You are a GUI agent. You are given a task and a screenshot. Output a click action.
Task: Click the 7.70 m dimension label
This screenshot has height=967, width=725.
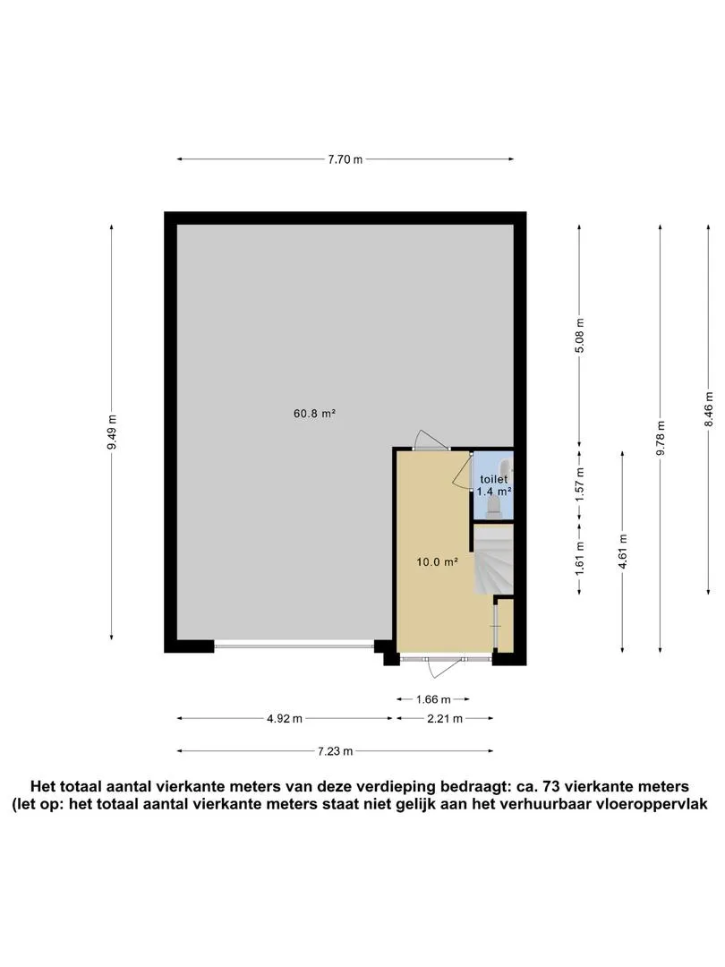(x=345, y=159)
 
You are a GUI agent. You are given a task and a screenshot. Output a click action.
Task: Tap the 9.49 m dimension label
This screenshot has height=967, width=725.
(x=112, y=432)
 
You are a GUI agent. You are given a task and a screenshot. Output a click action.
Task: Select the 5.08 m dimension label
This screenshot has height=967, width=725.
(x=579, y=336)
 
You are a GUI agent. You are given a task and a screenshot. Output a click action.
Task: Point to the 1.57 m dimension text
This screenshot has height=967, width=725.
(x=579, y=485)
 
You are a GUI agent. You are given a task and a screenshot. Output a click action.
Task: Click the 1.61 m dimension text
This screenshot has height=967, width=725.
(x=579, y=558)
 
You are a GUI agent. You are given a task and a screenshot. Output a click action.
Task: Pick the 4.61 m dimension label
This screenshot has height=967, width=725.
(x=623, y=552)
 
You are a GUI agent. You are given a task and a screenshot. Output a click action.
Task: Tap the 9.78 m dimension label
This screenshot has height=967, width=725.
(x=661, y=438)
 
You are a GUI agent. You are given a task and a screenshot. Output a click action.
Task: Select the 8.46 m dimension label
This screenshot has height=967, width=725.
(x=709, y=409)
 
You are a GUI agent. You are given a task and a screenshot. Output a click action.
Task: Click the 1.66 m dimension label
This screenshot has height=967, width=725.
(x=433, y=699)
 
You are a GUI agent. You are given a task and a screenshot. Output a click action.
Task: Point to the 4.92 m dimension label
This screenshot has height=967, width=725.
(x=285, y=718)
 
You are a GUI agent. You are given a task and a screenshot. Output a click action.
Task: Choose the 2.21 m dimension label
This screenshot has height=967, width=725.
(x=445, y=718)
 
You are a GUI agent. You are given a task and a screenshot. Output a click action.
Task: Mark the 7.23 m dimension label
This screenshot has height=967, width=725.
(x=336, y=751)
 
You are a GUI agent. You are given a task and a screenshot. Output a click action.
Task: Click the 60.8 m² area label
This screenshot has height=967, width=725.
(x=314, y=414)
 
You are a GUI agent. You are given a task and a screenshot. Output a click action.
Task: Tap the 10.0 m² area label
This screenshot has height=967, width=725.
(x=437, y=561)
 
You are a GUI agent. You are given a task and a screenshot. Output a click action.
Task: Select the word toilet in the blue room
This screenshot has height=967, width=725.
(x=494, y=479)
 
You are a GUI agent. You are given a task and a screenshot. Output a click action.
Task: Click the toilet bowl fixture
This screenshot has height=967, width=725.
(x=494, y=506)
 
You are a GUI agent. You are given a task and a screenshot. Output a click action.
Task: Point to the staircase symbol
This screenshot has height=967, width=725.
(x=493, y=560)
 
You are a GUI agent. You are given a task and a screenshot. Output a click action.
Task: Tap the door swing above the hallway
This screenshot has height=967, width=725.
(x=431, y=439)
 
